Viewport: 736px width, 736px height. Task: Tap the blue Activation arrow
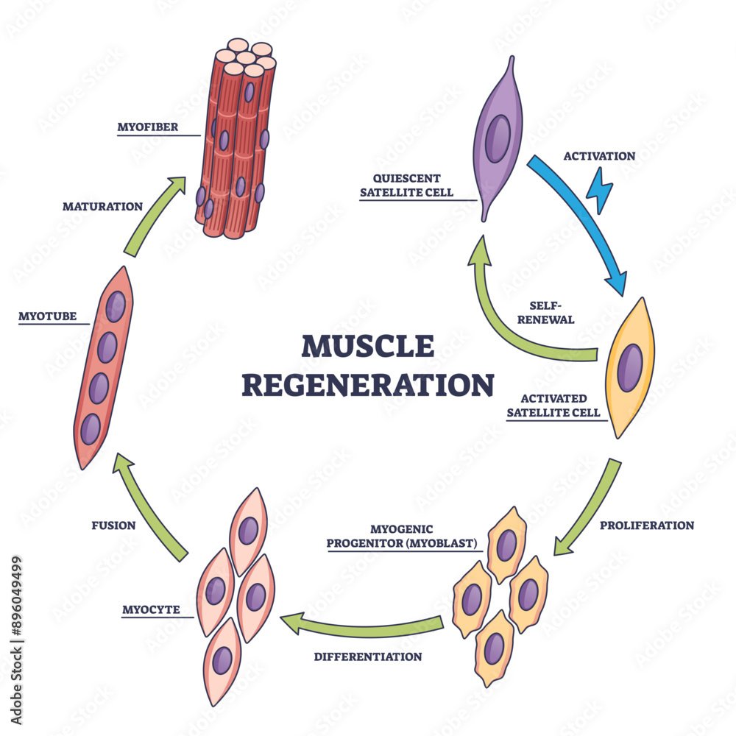point(581,221)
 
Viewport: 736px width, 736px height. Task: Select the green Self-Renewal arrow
point(515,316)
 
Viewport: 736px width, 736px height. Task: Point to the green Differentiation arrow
point(368,625)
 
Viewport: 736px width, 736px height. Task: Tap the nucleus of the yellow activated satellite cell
point(629,367)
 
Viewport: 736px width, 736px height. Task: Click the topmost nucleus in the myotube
point(115,307)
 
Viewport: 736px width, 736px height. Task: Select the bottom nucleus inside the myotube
point(91,428)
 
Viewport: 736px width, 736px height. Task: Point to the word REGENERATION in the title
point(368,384)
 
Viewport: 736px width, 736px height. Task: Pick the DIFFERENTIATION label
point(368,657)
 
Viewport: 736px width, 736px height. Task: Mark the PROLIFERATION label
point(647,526)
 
